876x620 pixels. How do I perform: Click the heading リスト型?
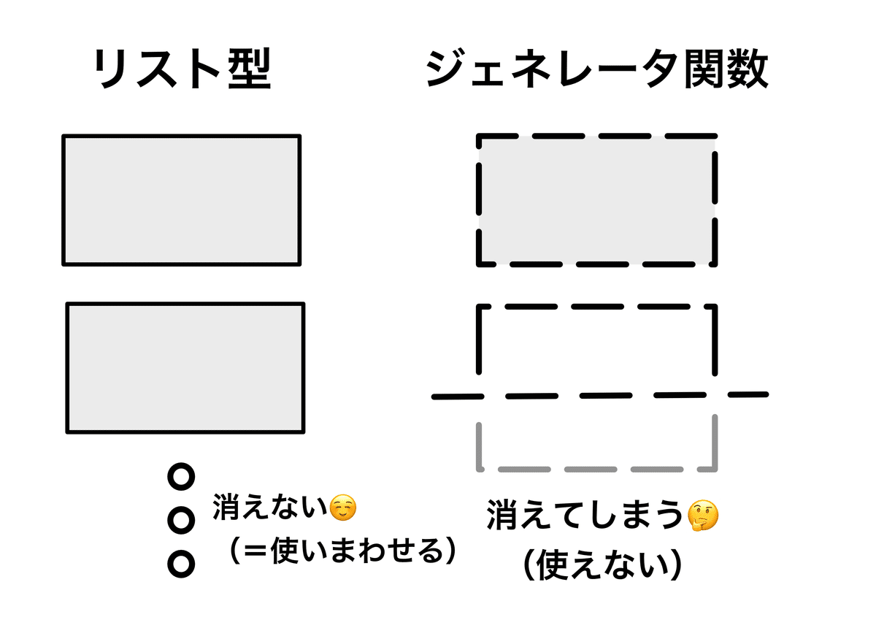(182, 71)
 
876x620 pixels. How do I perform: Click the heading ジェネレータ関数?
(596, 71)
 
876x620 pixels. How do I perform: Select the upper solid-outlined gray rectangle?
(181, 199)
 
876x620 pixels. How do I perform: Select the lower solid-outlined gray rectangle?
(185, 367)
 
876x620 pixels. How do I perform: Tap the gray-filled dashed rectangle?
(596, 199)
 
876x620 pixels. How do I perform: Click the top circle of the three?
(181, 477)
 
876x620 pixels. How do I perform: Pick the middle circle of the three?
(181, 520)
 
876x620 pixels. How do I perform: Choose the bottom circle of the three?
(181, 563)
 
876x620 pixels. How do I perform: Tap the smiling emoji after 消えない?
(343, 507)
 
